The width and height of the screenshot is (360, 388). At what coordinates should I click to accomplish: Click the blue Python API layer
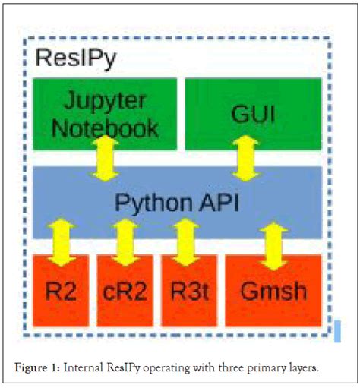coord(180,203)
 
